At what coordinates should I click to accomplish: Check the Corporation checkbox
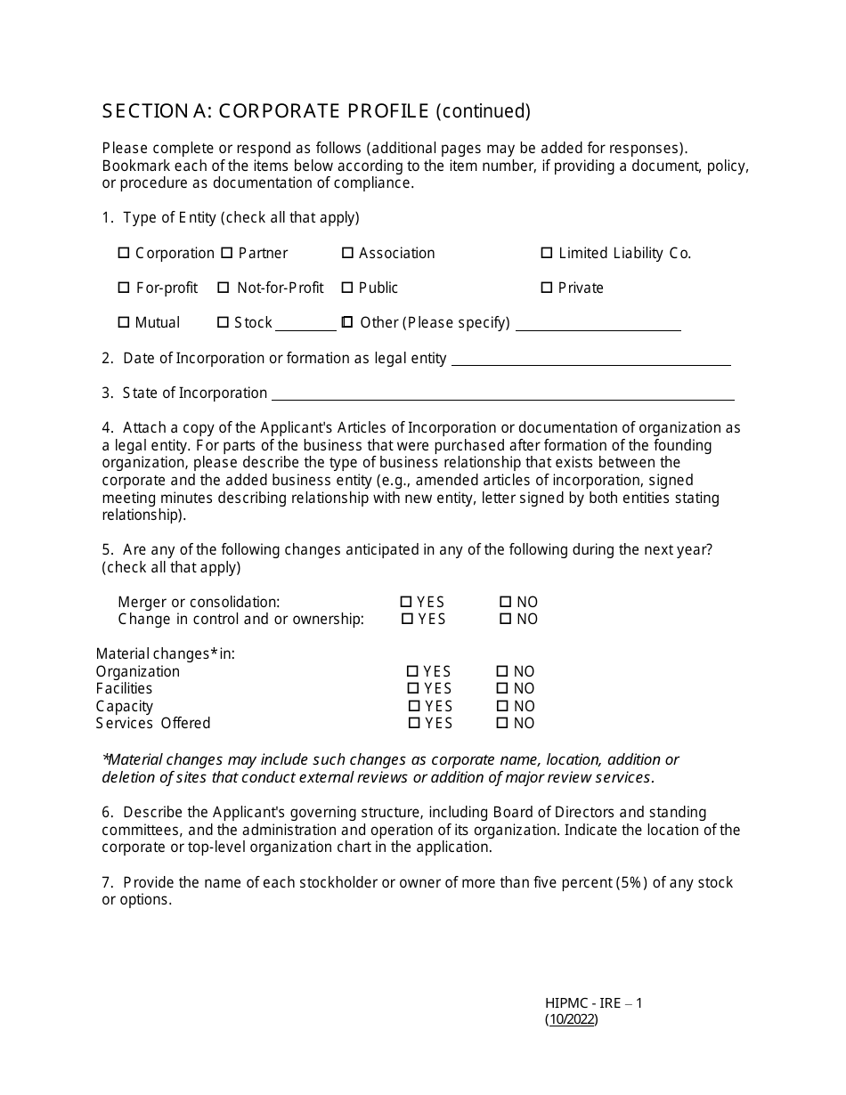tap(124, 254)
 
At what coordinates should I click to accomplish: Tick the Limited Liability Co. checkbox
tap(547, 254)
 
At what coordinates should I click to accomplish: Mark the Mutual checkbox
tap(124, 323)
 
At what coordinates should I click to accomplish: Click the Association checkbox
tap(347, 254)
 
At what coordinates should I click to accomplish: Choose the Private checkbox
tap(547, 288)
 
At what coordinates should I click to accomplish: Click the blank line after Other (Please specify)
tap(598, 326)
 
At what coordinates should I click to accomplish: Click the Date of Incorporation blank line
tap(591, 361)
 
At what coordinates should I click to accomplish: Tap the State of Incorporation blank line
tap(502, 395)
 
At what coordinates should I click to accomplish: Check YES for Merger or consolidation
tap(407, 603)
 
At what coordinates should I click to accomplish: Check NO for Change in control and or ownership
tap(506, 620)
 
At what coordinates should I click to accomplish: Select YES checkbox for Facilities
tap(413, 689)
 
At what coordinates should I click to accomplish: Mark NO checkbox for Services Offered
tap(502, 724)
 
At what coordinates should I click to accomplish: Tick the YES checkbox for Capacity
tap(414, 707)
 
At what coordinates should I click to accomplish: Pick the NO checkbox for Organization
tap(502, 672)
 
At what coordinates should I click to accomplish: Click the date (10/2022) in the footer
tap(572, 1020)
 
